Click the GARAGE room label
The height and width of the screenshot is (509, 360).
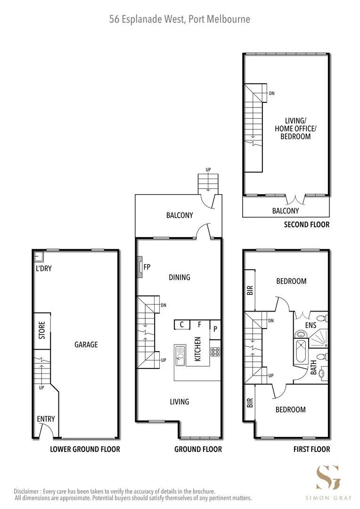point(86,345)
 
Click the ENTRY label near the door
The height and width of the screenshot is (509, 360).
point(46,419)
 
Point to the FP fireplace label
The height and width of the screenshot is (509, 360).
point(147,267)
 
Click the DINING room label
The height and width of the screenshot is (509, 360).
point(179,277)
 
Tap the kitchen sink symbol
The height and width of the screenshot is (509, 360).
point(180,355)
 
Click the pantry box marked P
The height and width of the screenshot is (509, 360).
point(215,329)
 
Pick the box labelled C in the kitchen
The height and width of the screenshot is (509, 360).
point(181,324)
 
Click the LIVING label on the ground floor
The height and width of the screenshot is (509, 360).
point(179,402)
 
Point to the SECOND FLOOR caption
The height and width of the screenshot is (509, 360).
point(306,224)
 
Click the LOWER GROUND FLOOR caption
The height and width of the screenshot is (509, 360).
point(85,449)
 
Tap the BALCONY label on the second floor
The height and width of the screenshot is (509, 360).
point(285,211)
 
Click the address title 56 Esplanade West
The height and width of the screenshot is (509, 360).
point(180,19)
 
